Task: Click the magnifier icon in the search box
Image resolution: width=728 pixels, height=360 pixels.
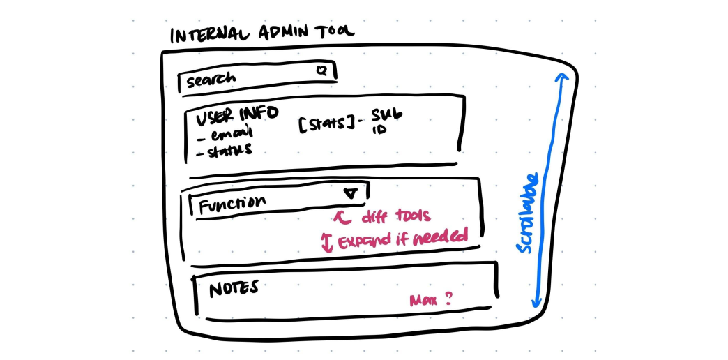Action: pyautogui.click(x=321, y=70)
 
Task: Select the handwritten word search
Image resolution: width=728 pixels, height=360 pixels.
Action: pyautogui.click(x=211, y=79)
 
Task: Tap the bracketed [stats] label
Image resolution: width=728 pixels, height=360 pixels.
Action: pyautogui.click(x=325, y=126)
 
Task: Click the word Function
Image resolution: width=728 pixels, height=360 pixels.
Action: pyautogui.click(x=232, y=204)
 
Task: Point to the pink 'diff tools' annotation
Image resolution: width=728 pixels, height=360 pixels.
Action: pyautogui.click(x=384, y=217)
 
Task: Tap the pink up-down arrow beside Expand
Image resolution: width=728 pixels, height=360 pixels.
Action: pyautogui.click(x=326, y=242)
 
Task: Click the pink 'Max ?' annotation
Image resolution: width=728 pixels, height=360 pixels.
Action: pyautogui.click(x=430, y=300)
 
